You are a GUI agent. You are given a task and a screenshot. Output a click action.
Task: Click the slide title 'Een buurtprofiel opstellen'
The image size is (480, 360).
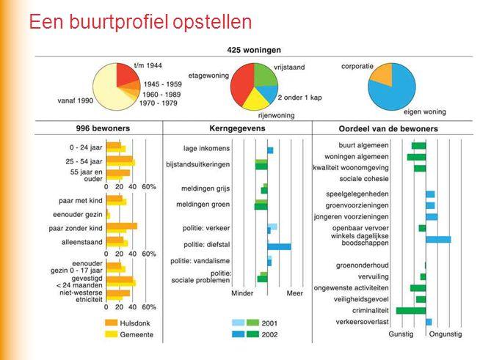pos(140,22)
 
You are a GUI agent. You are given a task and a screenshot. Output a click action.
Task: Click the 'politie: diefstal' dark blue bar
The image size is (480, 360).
pos(279,246)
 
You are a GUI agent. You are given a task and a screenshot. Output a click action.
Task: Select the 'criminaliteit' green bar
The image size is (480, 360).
pos(411,311)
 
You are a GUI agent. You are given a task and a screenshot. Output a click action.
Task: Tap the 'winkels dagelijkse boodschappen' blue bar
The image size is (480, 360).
pos(438,240)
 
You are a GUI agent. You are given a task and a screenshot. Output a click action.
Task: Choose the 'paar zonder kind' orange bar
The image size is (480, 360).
pos(122,227)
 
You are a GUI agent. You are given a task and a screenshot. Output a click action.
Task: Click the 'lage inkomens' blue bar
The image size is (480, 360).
pos(270,150)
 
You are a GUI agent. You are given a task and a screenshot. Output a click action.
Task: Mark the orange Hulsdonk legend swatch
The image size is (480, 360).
pos(111,323)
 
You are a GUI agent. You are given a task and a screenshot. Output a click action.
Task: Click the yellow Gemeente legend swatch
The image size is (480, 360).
pos(111,334)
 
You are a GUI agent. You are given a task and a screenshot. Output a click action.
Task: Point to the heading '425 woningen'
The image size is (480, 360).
pos(254,50)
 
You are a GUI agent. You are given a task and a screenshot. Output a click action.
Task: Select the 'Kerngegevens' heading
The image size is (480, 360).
pos(237,128)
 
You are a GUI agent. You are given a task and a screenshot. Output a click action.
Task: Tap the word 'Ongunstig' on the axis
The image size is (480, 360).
pos(446,334)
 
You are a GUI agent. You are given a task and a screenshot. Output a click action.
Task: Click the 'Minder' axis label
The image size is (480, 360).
pos(242,293)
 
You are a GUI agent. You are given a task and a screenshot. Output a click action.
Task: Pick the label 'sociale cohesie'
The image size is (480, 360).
pos(364,179)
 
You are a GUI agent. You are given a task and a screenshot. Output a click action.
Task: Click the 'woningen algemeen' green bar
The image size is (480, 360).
pos(416,157)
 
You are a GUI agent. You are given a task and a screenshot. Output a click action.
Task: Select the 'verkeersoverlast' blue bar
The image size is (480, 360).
pos(429,322)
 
